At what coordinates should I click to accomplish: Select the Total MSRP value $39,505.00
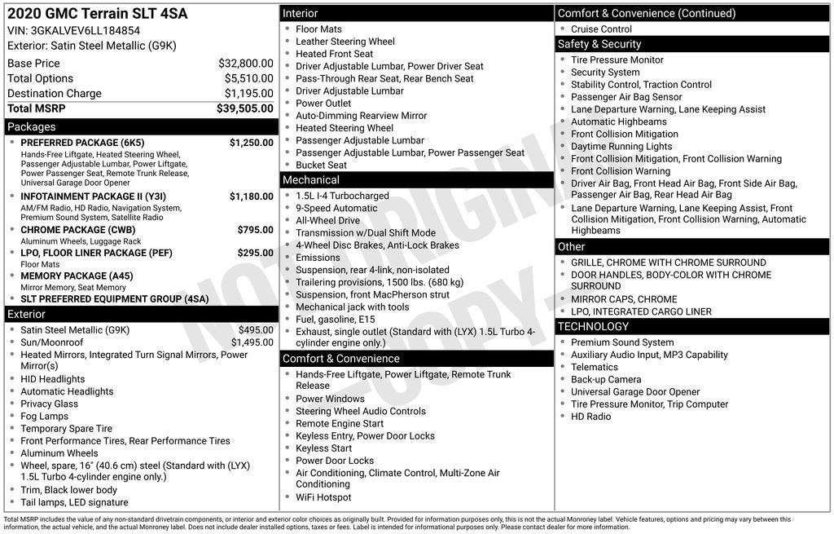tap(244, 108)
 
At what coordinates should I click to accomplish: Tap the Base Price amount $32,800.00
tap(245, 64)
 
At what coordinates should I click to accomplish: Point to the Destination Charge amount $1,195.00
tap(248, 94)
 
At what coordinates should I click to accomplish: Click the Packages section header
tap(32, 127)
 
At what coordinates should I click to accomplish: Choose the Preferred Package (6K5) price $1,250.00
tap(251, 143)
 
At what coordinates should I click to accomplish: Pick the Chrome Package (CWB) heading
tap(78, 230)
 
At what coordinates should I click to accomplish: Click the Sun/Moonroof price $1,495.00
tap(252, 342)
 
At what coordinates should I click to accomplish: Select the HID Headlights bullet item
tap(53, 379)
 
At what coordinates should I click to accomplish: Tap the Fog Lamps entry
tap(45, 416)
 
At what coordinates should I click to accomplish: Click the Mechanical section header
tap(310, 180)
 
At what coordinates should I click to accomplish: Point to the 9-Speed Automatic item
tap(336, 209)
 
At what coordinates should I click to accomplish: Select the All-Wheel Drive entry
tap(327, 221)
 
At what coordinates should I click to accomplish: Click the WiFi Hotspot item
tap(323, 497)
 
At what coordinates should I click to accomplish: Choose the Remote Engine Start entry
tap(340, 424)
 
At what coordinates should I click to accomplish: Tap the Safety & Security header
tap(599, 44)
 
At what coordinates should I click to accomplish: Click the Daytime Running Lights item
tap(621, 147)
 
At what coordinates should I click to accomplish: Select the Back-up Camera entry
tap(606, 380)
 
